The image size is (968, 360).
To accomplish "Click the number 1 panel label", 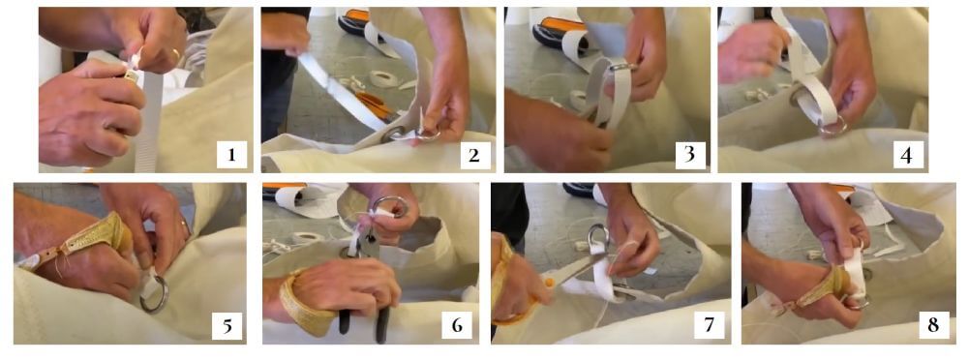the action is pyautogui.click(x=231, y=155).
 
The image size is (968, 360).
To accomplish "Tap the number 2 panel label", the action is pyautogui.click(x=474, y=155).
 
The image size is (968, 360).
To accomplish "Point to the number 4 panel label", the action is pyautogui.click(x=907, y=155).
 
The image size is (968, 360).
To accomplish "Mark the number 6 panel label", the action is pyautogui.click(x=457, y=326).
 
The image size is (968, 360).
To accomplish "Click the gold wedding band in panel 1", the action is pyautogui.click(x=177, y=55).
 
